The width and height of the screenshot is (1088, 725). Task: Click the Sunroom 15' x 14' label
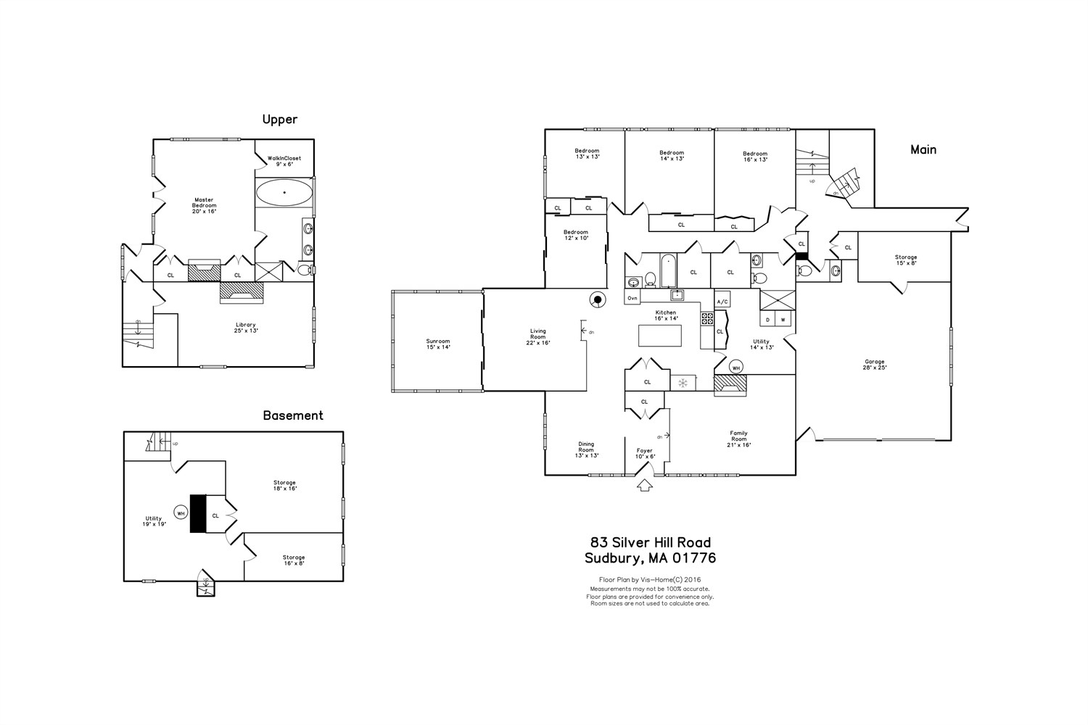point(438,344)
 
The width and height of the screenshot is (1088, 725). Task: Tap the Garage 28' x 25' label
point(874,365)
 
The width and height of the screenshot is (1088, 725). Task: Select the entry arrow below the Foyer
point(644,485)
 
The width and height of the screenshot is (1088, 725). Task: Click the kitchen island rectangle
point(659,336)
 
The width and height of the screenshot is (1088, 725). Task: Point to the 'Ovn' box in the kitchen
point(632,298)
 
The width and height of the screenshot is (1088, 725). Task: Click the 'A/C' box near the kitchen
point(722,302)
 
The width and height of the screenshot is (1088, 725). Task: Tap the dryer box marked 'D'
point(767,320)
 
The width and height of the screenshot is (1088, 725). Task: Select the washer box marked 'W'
point(783,320)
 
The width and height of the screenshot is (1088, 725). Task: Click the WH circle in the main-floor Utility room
point(736,368)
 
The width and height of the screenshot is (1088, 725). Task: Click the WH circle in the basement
point(181,513)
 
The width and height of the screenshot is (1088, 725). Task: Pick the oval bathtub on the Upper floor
point(284,193)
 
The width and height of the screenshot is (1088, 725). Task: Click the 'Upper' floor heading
point(279,120)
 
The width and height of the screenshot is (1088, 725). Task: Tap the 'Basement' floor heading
point(292,415)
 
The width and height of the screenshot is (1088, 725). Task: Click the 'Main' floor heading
point(923,149)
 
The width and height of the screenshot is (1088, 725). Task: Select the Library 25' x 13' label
point(245,328)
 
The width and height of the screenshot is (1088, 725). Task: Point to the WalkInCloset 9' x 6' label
point(284,161)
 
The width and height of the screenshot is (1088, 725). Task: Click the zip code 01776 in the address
point(694,558)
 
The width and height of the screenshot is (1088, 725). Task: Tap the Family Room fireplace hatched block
point(730,386)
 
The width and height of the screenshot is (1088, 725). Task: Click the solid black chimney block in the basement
point(197,513)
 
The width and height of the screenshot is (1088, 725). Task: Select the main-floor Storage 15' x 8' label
point(905,260)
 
